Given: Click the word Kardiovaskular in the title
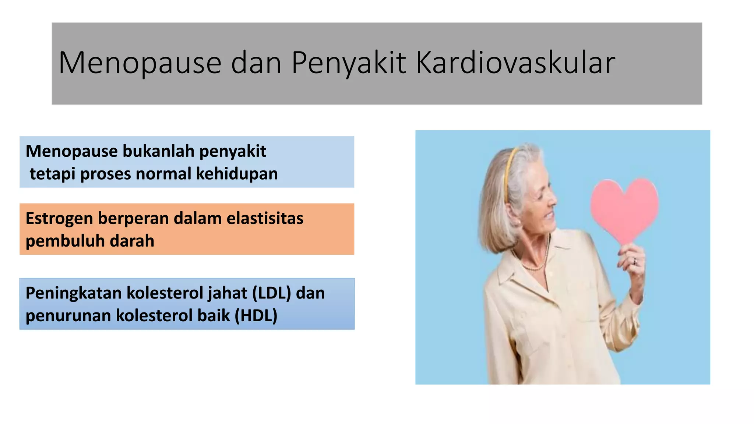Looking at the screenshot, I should point(515,63).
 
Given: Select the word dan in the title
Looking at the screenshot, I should point(256,63).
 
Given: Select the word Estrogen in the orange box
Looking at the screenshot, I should point(59,219).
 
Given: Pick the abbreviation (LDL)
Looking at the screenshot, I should point(271,293).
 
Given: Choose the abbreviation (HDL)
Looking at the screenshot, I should point(256,316).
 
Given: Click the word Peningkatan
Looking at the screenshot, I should point(74,293).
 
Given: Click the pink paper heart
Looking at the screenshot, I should point(624,208).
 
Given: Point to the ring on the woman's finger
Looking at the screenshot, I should point(634,261).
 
